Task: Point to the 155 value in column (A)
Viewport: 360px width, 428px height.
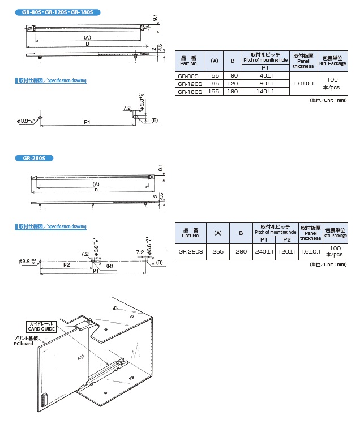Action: (x=215, y=91)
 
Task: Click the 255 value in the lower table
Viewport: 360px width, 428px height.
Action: (x=217, y=251)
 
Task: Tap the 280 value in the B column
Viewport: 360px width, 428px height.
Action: (x=240, y=251)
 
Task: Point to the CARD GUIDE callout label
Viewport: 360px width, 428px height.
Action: (x=40, y=328)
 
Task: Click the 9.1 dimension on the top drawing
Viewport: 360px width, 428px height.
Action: (x=155, y=20)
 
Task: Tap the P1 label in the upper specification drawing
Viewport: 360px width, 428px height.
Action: (x=87, y=121)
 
